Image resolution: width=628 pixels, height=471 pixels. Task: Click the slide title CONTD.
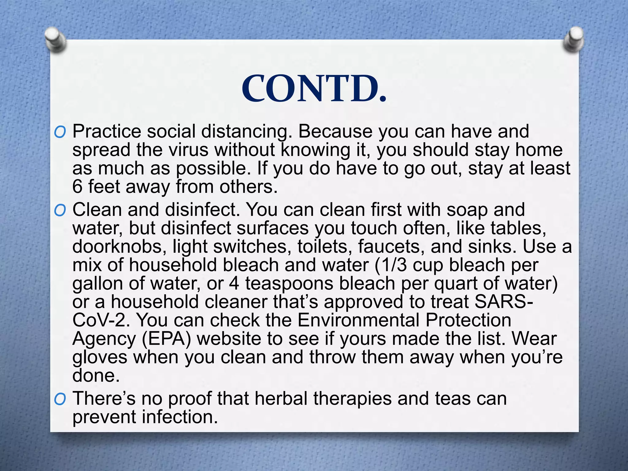(x=314, y=89)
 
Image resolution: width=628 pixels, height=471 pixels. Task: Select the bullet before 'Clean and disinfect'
(x=60, y=211)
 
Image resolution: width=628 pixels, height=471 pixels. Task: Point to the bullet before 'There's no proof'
(x=60, y=400)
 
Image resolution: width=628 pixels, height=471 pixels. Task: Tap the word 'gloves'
(x=100, y=358)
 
